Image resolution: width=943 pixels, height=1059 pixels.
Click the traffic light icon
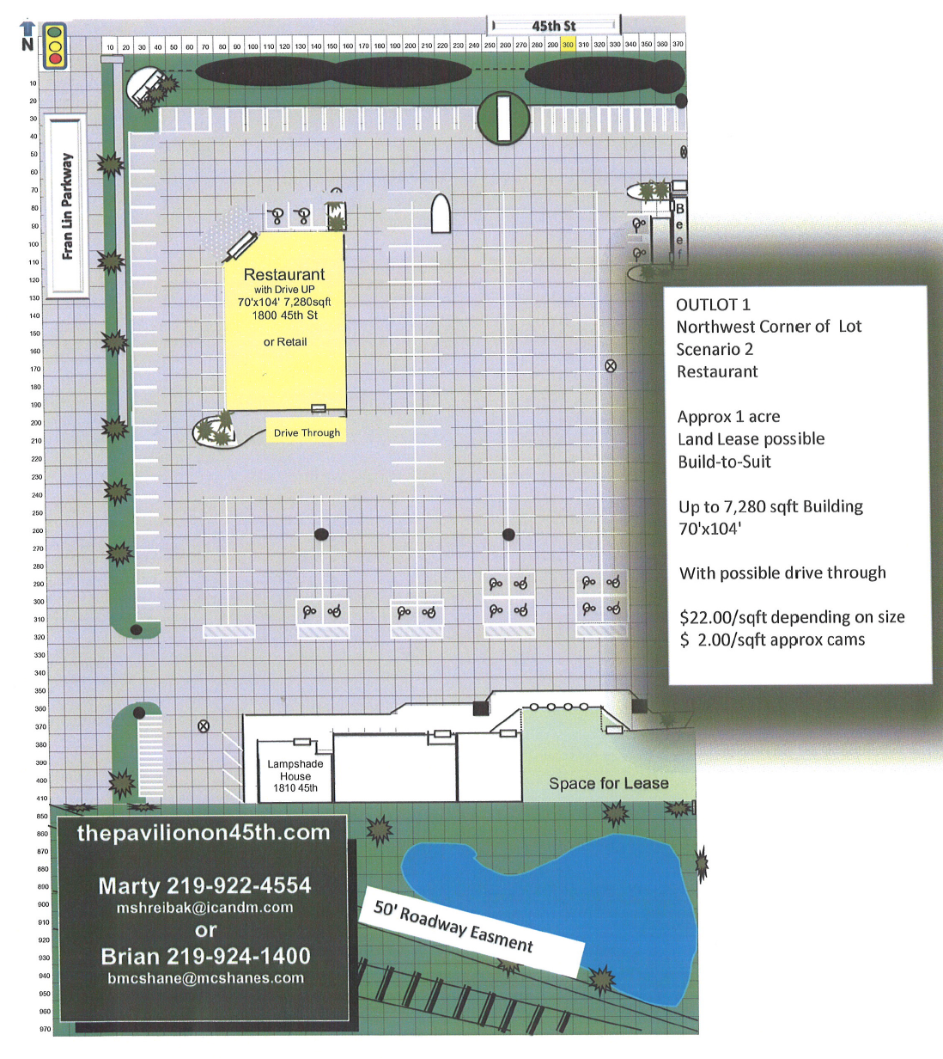pos(55,46)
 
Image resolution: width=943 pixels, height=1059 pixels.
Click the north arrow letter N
pos(27,44)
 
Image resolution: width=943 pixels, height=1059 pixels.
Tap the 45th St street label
pos(554,26)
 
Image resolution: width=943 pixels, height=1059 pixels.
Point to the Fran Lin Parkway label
pos(67,206)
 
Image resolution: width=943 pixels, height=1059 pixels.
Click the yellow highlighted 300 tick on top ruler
pos(568,45)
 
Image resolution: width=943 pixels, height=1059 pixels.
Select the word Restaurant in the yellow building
pos(284,274)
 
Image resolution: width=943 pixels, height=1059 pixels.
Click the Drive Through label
pos(307,432)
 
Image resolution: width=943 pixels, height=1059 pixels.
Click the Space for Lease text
pos(608,783)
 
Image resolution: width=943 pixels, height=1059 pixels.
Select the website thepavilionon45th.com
pos(204,832)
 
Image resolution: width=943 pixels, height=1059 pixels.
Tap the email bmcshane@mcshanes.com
pos(205,977)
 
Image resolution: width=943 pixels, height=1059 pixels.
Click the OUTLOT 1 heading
pos(713,304)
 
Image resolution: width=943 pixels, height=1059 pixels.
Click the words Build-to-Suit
pos(724,462)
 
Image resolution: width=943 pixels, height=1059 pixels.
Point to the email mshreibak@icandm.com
pos(204,907)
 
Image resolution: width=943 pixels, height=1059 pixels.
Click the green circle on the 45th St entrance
pos(502,118)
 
